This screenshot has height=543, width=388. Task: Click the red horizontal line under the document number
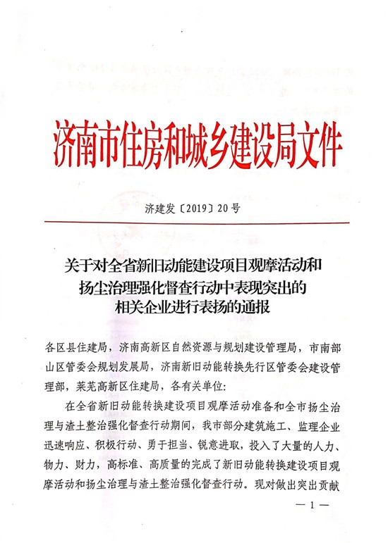(x=194, y=223)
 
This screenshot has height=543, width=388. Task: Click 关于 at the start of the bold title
(x=75, y=268)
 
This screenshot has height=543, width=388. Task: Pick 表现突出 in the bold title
(x=264, y=287)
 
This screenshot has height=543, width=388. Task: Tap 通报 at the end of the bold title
(x=258, y=307)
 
